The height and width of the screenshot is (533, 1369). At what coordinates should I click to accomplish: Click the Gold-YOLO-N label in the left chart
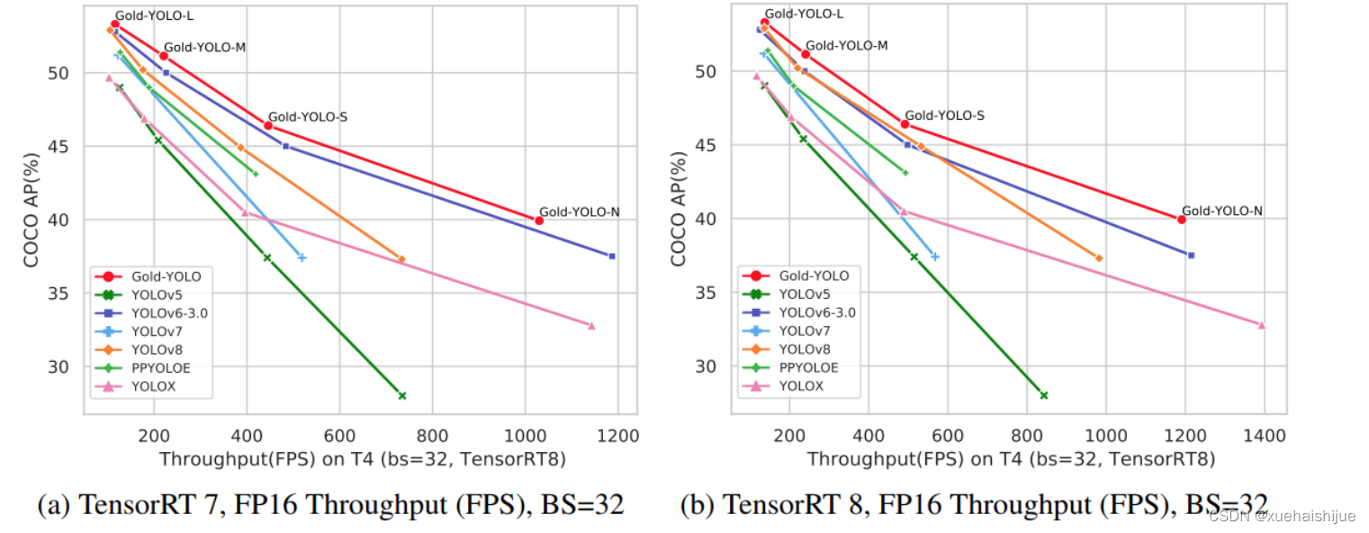point(579,212)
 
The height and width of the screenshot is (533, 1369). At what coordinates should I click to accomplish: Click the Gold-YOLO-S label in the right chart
point(944,115)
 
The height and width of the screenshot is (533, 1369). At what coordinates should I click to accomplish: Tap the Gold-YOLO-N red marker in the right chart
point(1181,220)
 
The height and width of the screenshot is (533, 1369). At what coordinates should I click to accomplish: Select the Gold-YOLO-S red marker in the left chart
point(268,125)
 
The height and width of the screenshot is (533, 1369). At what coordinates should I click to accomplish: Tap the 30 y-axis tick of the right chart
point(707,366)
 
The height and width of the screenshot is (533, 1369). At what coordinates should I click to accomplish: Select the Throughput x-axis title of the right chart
point(1011,459)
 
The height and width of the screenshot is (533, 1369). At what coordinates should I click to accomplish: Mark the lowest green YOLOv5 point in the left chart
point(402,395)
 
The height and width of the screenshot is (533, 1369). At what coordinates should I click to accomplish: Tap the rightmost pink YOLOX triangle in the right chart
point(1261,325)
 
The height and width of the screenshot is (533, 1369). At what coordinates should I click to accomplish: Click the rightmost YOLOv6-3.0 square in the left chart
point(612,257)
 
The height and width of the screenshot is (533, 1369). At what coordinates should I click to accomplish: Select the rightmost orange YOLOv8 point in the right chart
point(1098,258)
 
